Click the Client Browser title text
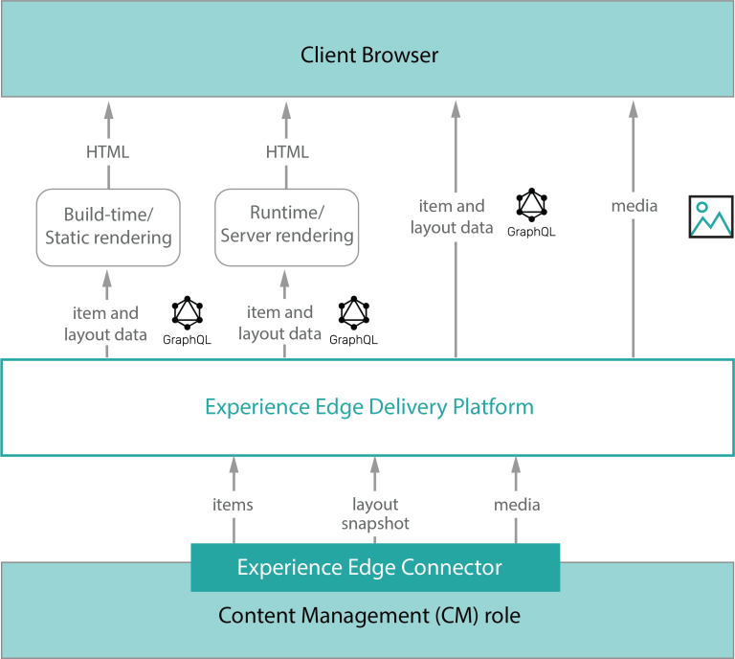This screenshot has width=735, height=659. point(368,55)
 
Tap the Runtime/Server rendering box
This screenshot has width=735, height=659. point(286,226)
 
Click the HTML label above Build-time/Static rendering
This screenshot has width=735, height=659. point(107,152)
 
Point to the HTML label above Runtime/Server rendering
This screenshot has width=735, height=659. point(286,152)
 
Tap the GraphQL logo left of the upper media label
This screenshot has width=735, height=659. point(532,204)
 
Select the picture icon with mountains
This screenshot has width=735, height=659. point(711,216)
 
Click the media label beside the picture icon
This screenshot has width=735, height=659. point(634,206)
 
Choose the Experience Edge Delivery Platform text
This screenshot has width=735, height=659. point(368,407)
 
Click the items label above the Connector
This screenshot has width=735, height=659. point(234,505)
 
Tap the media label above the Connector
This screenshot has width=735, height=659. point(517,505)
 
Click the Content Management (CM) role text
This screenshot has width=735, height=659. point(368,616)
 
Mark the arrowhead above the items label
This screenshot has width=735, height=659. point(234,465)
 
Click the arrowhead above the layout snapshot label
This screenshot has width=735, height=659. point(374,465)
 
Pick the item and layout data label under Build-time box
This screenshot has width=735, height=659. point(105,324)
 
